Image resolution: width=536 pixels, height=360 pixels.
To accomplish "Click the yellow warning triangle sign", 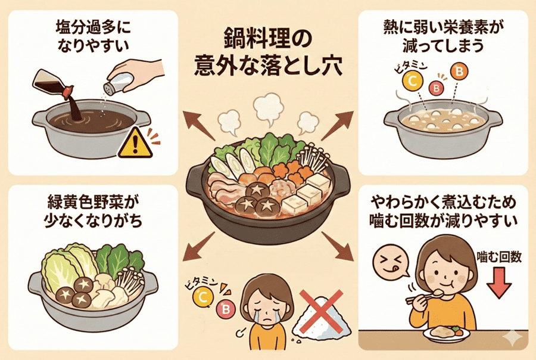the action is click(135, 144).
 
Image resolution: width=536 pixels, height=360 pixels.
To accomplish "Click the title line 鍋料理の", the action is click(267, 39).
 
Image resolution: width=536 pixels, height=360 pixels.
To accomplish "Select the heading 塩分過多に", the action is click(93, 28).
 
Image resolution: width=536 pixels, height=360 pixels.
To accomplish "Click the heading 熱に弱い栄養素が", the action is click(443, 28).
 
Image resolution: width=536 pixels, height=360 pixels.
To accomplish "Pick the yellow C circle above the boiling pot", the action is click(413, 82).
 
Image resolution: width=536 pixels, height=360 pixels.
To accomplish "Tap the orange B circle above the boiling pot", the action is click(459, 72).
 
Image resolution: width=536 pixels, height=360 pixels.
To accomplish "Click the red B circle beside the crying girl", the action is click(226, 309).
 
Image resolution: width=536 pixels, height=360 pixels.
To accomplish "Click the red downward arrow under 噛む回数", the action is click(499, 283).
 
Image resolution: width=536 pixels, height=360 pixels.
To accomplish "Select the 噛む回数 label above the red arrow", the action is click(499, 257).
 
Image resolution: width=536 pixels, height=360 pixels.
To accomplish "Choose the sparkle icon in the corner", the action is click(512, 337).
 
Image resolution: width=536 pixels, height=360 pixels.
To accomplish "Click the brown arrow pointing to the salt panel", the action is click(199, 125).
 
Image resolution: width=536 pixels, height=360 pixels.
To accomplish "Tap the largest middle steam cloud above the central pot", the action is click(269, 109).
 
